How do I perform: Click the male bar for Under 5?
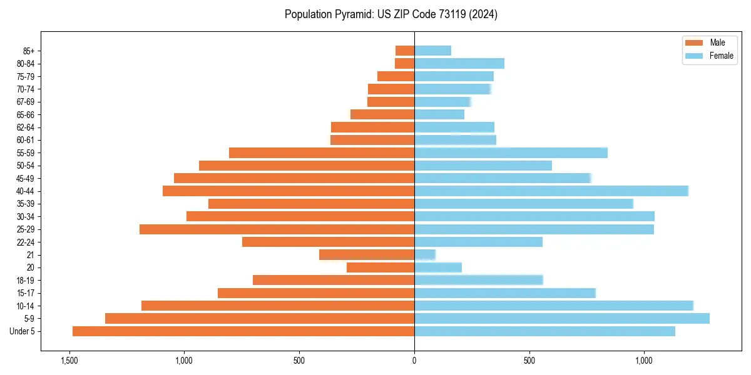point(243,331)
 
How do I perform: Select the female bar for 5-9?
point(562,318)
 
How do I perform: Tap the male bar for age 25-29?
point(277,229)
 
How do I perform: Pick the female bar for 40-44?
point(551,191)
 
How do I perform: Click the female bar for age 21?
point(425,254)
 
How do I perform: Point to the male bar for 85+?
point(405,51)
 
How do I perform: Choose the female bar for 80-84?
point(459,63)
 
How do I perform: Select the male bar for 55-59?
point(322,152)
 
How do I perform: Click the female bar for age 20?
point(438,267)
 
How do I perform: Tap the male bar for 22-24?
point(328,242)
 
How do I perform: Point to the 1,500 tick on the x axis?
point(69,361)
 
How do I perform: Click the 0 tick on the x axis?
point(414,361)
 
